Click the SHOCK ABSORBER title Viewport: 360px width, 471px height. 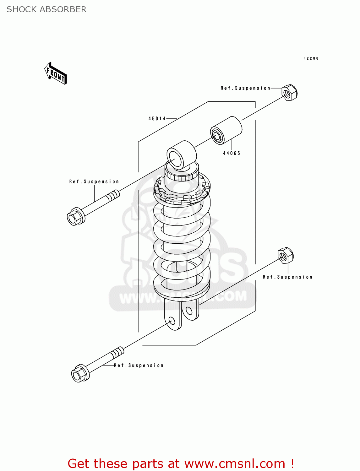(46, 9)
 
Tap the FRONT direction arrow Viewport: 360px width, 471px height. (56, 74)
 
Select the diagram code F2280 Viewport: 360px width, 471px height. (311, 58)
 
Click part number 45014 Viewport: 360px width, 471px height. (157, 119)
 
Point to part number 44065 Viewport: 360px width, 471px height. (232, 153)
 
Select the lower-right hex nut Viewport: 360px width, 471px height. (286, 255)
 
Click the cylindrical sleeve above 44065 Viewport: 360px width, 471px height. (226, 130)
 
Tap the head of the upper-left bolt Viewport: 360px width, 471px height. (75, 217)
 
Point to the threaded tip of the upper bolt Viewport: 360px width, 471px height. (113, 196)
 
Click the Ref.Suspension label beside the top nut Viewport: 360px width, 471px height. (245, 88)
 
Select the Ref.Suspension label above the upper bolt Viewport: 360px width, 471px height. (94, 181)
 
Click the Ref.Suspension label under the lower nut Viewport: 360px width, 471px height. (287, 277)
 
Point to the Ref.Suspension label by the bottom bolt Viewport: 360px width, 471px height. (139, 365)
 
